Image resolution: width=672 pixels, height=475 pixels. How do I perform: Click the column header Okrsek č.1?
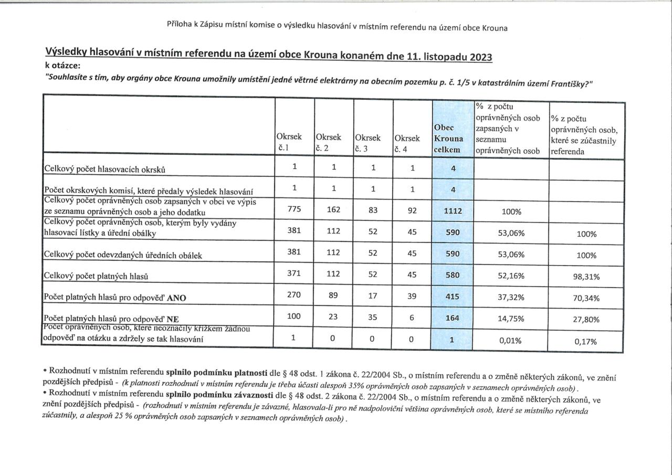coord(289,142)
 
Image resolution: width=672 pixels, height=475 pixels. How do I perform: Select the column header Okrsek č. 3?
coord(367,142)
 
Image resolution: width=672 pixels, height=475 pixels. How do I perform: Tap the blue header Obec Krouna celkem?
coord(449,139)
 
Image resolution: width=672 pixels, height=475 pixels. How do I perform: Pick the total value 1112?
coord(452,212)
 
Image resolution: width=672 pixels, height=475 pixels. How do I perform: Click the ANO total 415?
coord(452,297)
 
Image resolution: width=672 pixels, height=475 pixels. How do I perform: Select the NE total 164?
coord(452,318)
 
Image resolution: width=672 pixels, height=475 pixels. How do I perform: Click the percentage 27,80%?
coord(586,320)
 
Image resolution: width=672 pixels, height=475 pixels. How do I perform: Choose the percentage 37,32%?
coord(510,297)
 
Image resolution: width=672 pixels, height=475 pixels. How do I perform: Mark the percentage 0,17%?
coord(586,341)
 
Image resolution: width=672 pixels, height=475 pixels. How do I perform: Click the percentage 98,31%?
coord(586,277)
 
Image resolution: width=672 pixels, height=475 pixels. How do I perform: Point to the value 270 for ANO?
coord(294,295)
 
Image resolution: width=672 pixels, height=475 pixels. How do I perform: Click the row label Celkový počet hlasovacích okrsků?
coord(104,169)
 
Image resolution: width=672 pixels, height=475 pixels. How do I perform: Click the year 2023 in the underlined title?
coord(477,57)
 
